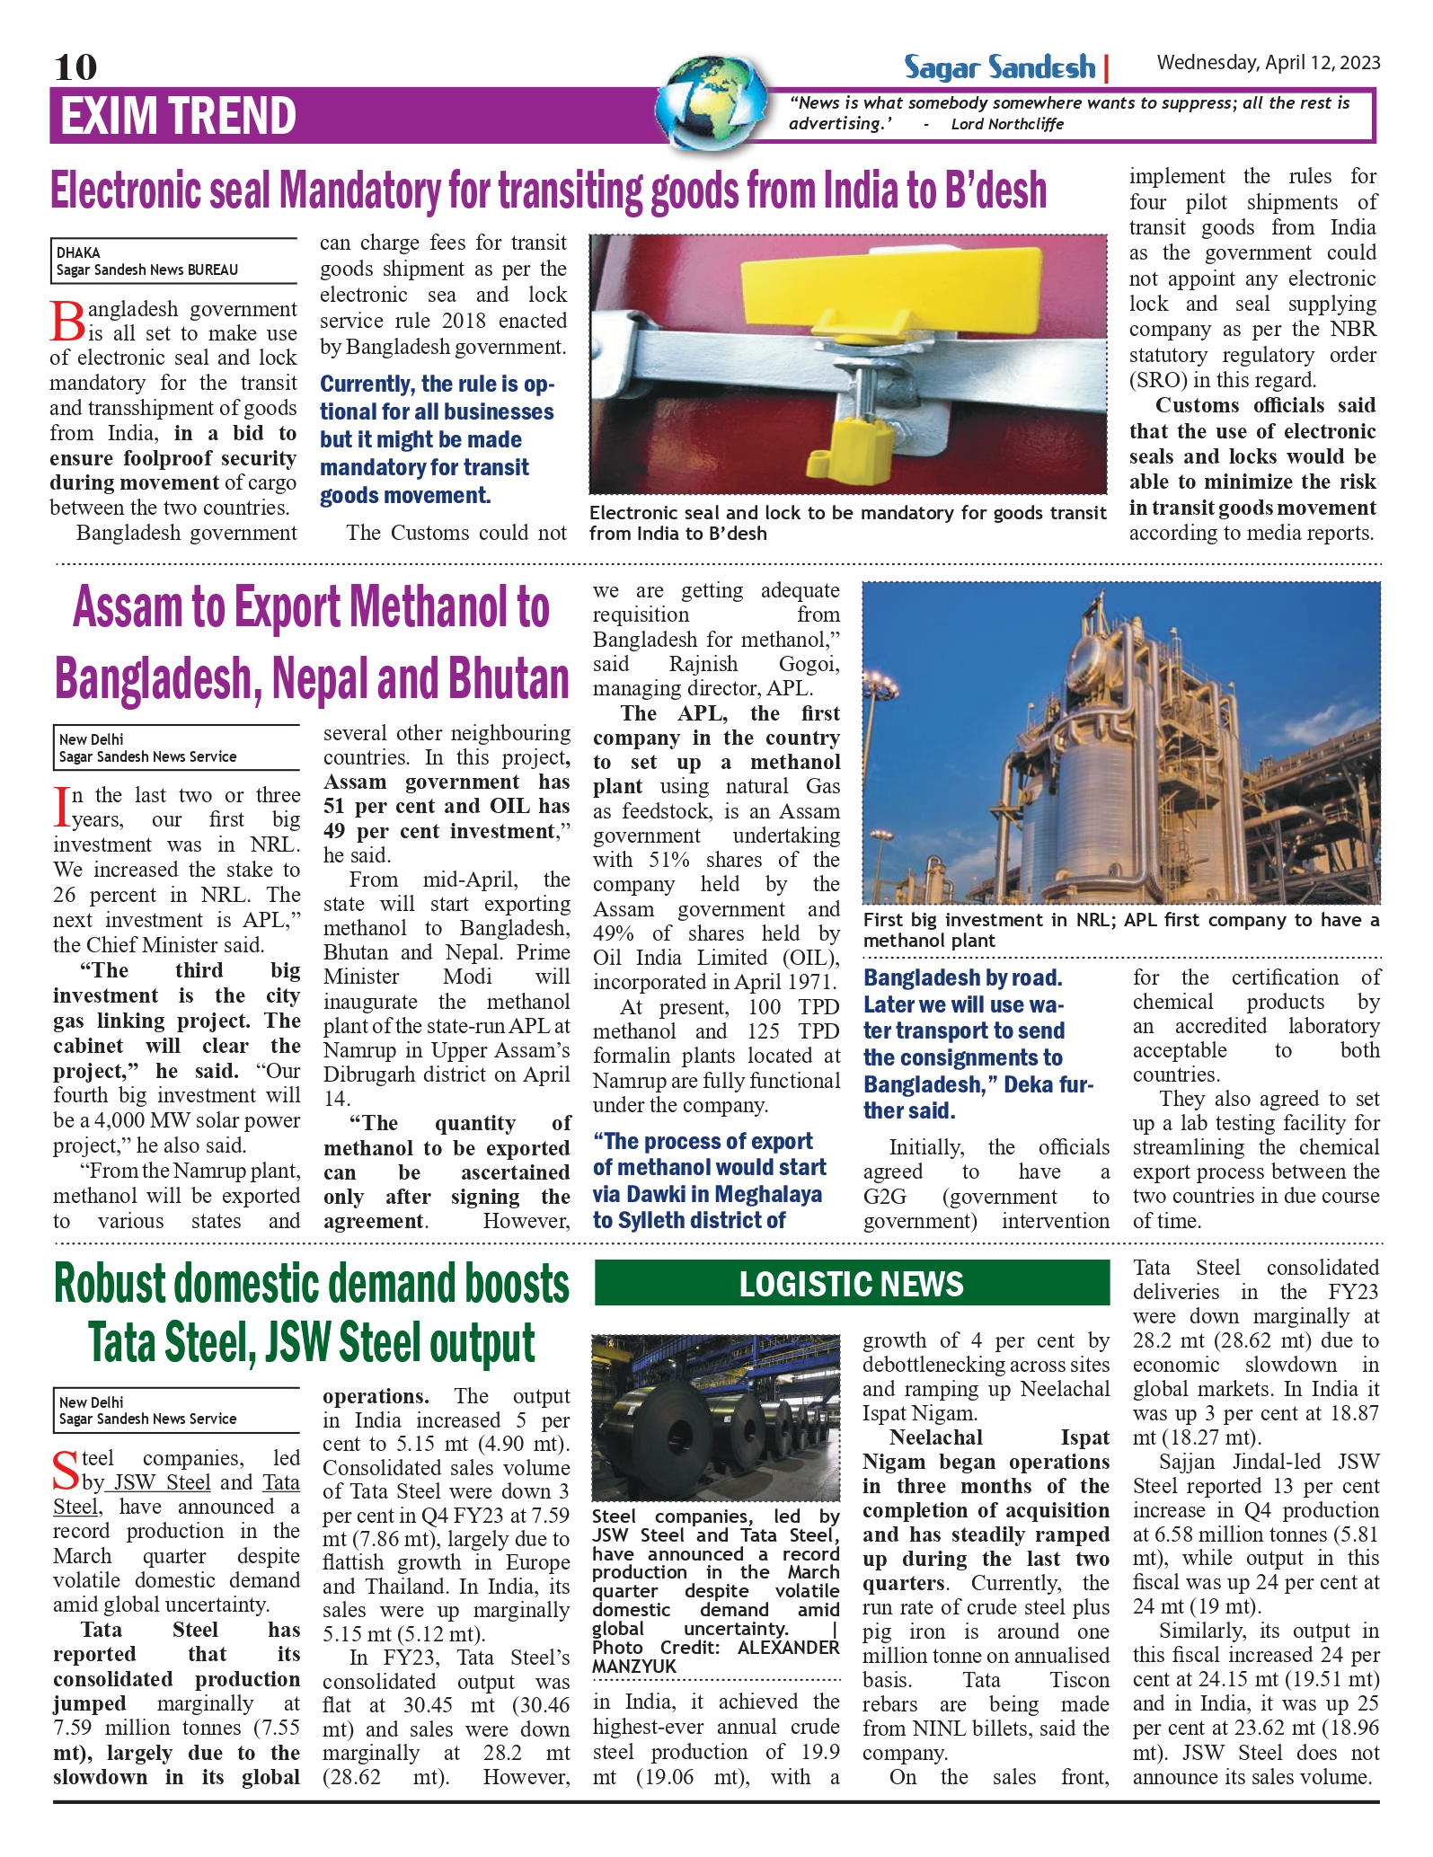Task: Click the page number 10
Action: [75, 66]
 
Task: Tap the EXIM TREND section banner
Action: [178, 116]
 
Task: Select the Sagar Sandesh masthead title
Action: [999, 67]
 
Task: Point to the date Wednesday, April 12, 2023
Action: [1268, 63]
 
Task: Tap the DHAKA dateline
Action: [78, 252]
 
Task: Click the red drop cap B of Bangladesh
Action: [67, 322]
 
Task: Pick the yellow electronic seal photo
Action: [847, 364]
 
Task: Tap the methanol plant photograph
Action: [1120, 742]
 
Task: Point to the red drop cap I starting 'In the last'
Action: [61, 806]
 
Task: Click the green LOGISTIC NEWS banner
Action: [851, 1283]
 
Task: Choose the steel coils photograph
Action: [715, 1417]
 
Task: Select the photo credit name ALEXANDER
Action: [788, 1648]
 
